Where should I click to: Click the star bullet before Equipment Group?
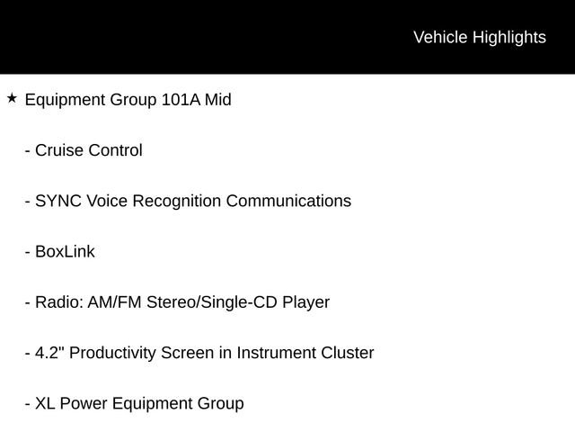tap(12, 98)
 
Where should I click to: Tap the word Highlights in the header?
tap(509, 38)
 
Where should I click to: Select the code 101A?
tap(181, 100)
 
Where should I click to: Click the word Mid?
tap(217, 100)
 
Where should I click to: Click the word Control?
tap(115, 150)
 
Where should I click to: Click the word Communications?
tap(288, 201)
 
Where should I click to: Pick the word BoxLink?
tap(65, 251)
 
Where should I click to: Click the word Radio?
tap(59, 302)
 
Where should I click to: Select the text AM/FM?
tap(114, 302)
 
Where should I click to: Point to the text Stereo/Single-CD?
tap(212, 302)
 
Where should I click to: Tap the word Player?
tap(305, 302)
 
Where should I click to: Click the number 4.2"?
tap(49, 353)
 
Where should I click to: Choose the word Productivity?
tap(112, 354)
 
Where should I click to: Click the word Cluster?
tap(348, 353)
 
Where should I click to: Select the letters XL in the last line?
tap(45, 403)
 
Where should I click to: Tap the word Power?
tap(84, 403)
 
